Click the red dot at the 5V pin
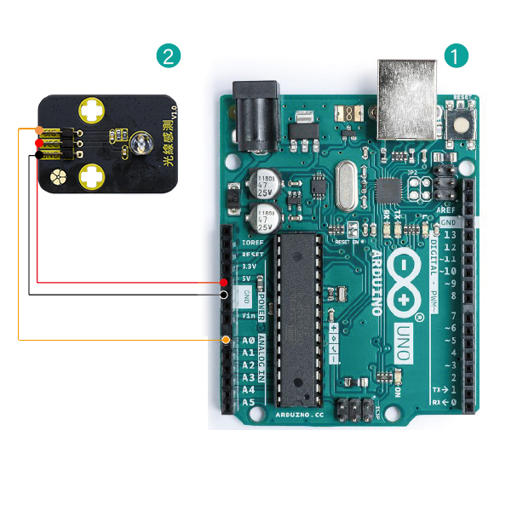(x=223, y=281)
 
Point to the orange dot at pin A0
(x=224, y=340)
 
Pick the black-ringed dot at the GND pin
(x=223, y=295)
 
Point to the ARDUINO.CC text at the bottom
(x=300, y=414)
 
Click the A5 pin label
(x=248, y=402)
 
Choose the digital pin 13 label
(x=449, y=234)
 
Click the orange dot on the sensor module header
(x=38, y=130)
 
